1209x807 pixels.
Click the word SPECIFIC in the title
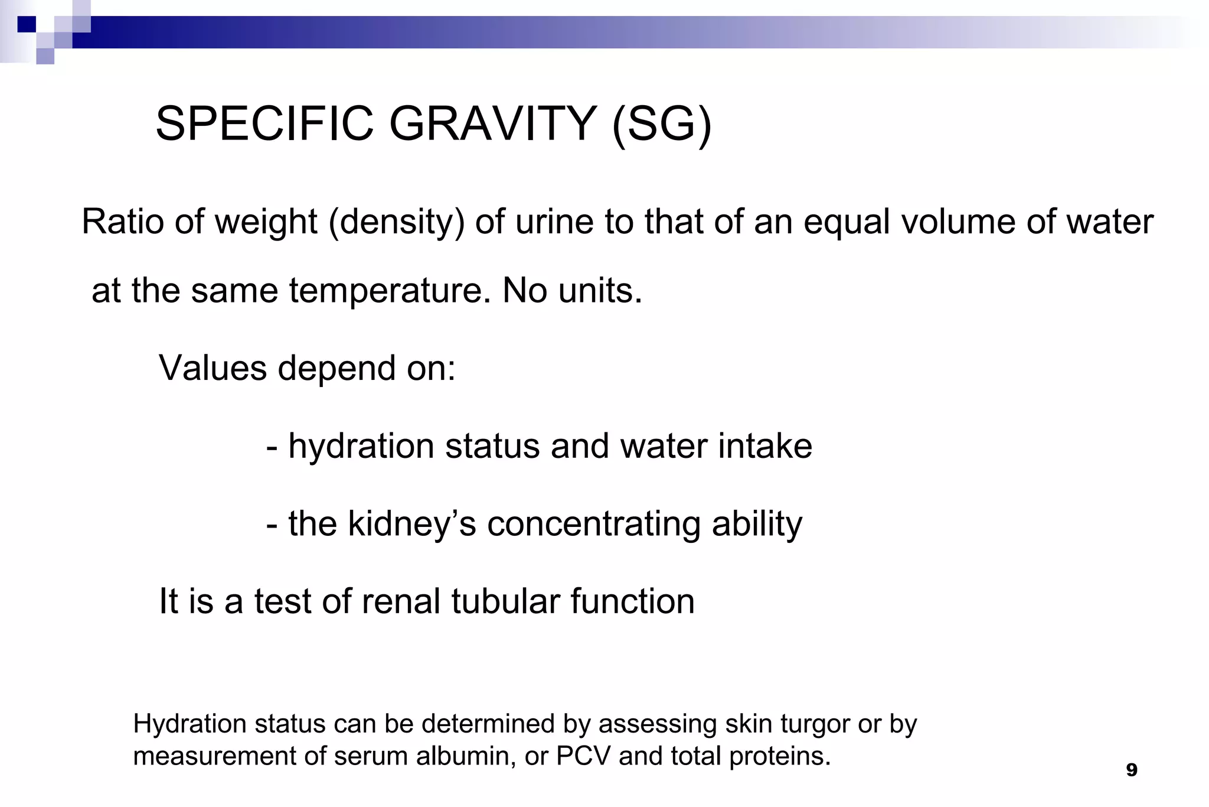[265, 124]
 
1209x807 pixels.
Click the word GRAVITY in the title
[493, 124]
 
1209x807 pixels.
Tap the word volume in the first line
[958, 222]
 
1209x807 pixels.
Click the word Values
[213, 368]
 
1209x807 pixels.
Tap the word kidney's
[411, 524]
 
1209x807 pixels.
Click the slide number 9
[1131, 770]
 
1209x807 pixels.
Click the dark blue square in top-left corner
[27, 24]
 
